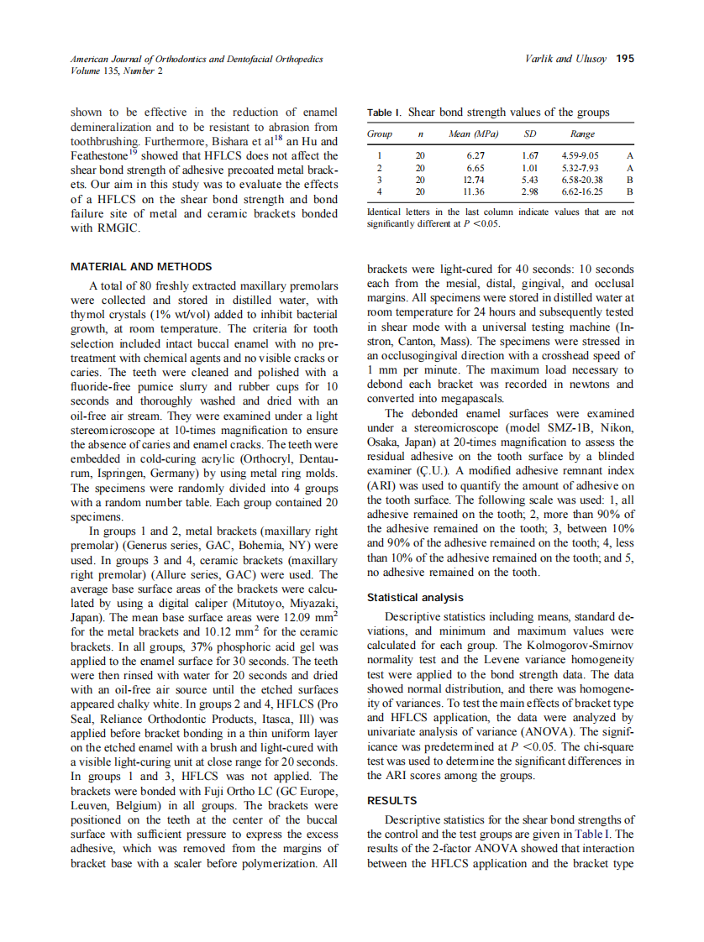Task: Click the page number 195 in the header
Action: click(625, 59)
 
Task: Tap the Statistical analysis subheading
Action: click(415, 597)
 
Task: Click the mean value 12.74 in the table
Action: click(475, 180)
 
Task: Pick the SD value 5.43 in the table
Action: click(529, 180)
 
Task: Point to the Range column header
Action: click(582, 134)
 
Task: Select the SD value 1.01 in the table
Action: click(529, 167)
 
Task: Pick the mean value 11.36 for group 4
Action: click(475, 191)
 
